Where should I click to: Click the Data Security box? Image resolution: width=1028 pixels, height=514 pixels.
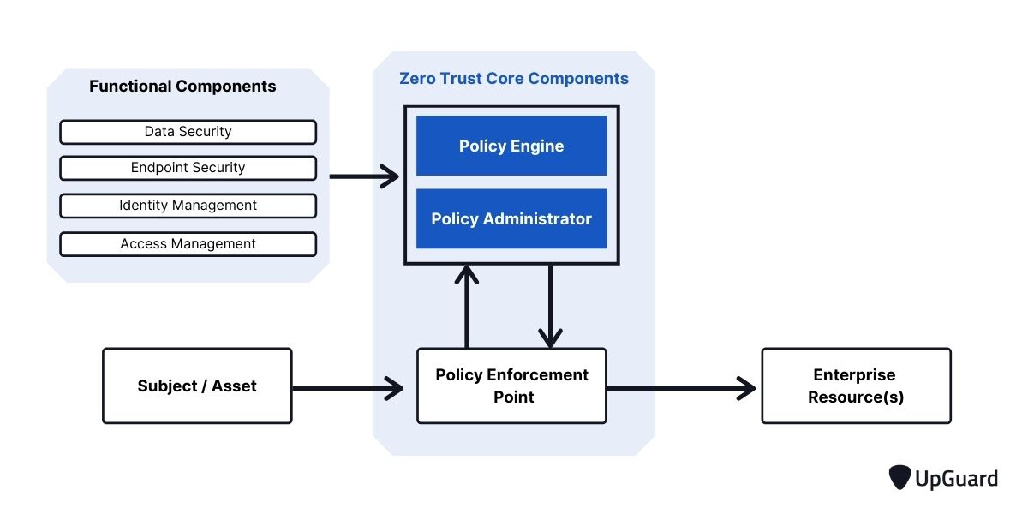click(188, 132)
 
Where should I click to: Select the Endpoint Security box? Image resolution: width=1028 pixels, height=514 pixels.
click(188, 168)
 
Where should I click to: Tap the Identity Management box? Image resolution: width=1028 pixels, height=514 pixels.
click(188, 206)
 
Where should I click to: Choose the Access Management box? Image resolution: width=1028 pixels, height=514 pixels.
click(188, 244)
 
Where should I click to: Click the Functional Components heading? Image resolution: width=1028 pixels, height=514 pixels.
click(182, 87)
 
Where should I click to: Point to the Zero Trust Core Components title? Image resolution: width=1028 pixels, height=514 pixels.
click(513, 79)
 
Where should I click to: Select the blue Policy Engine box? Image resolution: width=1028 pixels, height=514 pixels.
click(511, 146)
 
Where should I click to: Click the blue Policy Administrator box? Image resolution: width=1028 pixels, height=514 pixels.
click(511, 218)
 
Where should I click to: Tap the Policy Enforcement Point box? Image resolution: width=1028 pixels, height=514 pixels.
click(511, 385)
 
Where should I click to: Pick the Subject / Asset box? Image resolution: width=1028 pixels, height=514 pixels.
click(197, 385)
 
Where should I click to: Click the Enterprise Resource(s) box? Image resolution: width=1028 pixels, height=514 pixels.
click(857, 385)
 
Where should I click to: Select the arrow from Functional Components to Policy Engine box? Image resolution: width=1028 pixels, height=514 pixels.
click(364, 176)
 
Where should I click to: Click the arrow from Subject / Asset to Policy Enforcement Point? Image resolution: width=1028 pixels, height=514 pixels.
click(348, 388)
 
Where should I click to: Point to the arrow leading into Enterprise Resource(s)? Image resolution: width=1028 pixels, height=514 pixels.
click(681, 388)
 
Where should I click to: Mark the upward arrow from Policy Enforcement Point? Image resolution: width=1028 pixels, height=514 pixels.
click(467, 306)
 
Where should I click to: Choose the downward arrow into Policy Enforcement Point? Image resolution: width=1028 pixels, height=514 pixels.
click(550, 306)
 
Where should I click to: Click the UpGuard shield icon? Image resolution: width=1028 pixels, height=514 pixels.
click(899, 477)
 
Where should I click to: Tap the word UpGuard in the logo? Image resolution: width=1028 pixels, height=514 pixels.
click(956, 479)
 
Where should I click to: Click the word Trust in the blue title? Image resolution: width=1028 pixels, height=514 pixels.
click(460, 79)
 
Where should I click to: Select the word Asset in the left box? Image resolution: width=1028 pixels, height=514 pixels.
click(234, 386)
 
